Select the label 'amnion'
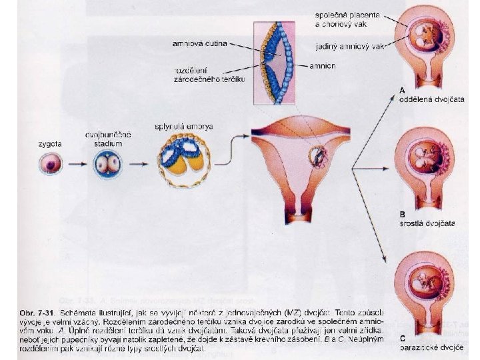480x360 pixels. [323, 66]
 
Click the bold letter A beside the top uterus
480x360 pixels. [402, 91]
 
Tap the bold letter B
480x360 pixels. [402, 214]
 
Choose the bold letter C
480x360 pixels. [402, 337]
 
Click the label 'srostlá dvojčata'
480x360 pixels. [427, 223]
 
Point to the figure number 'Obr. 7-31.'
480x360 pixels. [34, 312]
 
